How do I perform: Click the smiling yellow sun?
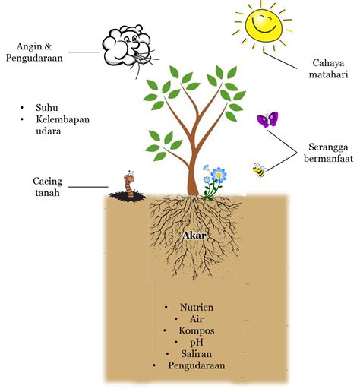[264, 25]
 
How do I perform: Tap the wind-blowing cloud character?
[128, 47]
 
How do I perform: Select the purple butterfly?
[267, 119]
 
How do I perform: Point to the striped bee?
[260, 170]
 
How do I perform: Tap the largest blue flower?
[219, 174]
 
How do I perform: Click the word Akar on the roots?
[194, 236]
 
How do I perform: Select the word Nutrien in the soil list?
[197, 307]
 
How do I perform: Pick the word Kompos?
[197, 330]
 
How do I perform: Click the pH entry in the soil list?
[197, 343]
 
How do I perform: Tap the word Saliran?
[197, 354]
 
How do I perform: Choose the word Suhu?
[47, 108]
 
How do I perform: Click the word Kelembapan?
[63, 119]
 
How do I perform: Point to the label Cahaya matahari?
[328, 68]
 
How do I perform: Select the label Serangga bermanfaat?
[328, 153]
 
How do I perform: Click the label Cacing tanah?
[47, 187]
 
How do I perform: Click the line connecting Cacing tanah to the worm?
[88, 187]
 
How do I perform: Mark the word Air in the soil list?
[197, 319]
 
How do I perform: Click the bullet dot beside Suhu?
[22, 108]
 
